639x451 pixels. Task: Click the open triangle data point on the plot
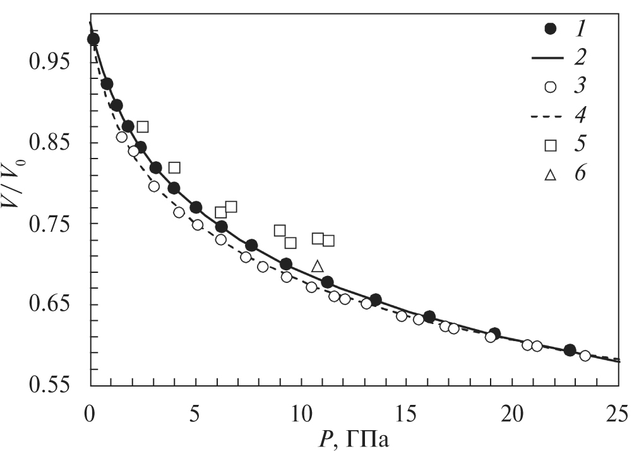click(x=318, y=267)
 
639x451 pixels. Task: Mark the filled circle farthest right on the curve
click(x=570, y=350)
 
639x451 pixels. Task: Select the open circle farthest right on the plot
click(x=585, y=356)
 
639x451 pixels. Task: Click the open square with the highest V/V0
click(x=143, y=127)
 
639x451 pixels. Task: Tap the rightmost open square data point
click(x=328, y=241)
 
